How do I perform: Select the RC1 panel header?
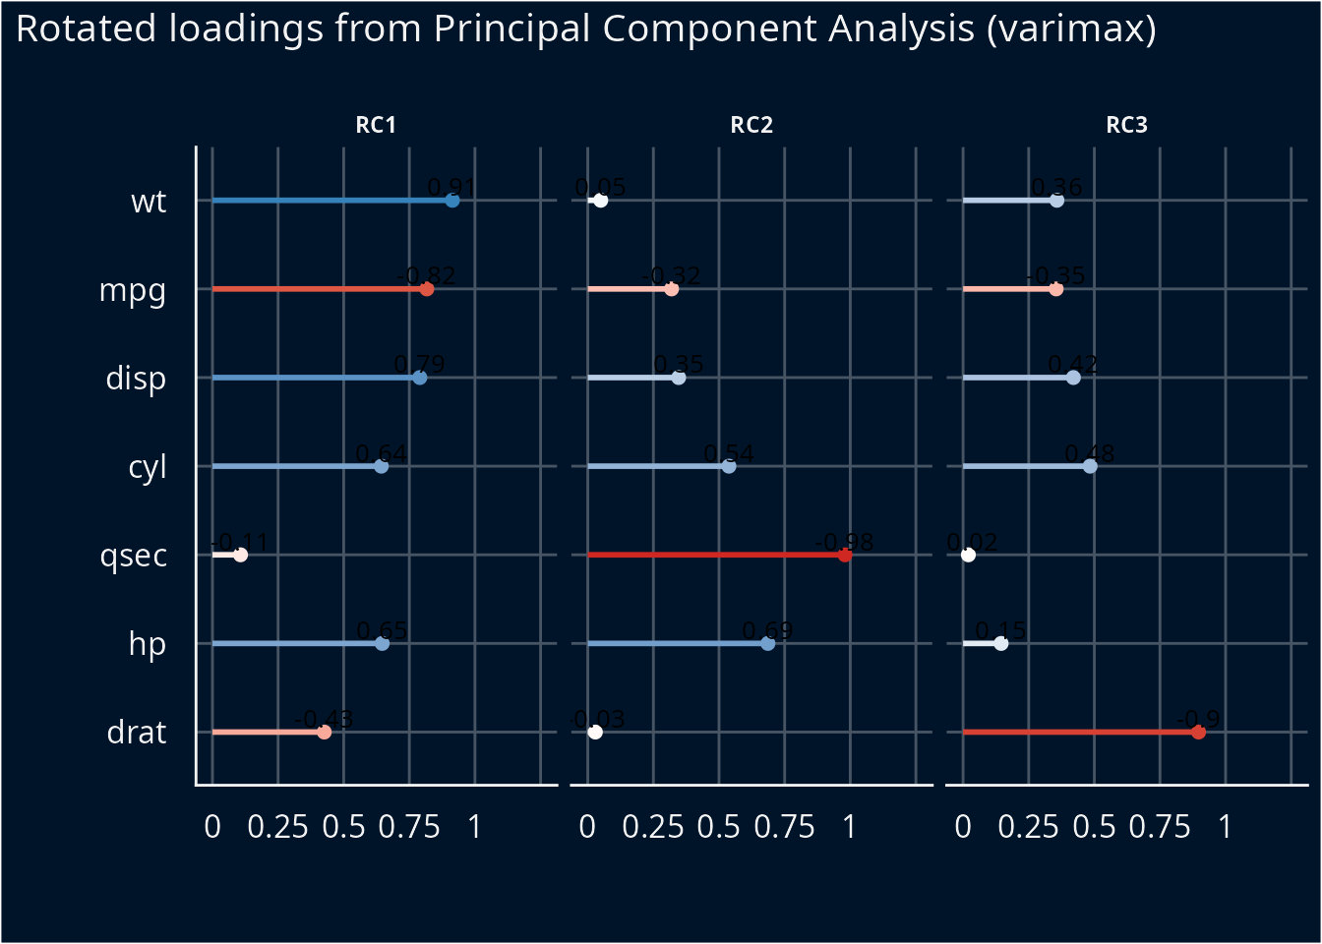click(x=376, y=125)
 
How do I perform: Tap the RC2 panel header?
click(x=751, y=125)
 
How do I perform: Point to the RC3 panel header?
click(x=1126, y=125)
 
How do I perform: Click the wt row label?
click(x=149, y=202)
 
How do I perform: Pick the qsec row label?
click(x=134, y=556)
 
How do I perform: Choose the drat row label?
click(x=137, y=733)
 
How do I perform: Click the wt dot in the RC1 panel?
click(x=452, y=201)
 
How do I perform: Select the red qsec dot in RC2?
click(x=845, y=556)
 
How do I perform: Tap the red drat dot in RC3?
click(x=1198, y=733)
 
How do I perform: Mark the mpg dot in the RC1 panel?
click(x=427, y=289)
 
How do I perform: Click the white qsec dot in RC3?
click(x=968, y=556)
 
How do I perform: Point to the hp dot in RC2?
click(x=768, y=644)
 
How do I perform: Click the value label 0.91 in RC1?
click(x=451, y=187)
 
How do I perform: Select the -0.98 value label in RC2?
click(x=844, y=542)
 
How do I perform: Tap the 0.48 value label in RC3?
click(x=1090, y=453)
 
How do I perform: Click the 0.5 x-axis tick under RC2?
click(x=718, y=827)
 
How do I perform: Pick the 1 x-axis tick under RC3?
click(x=1225, y=827)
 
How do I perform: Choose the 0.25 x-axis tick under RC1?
click(x=277, y=827)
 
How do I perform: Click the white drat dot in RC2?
click(x=595, y=733)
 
